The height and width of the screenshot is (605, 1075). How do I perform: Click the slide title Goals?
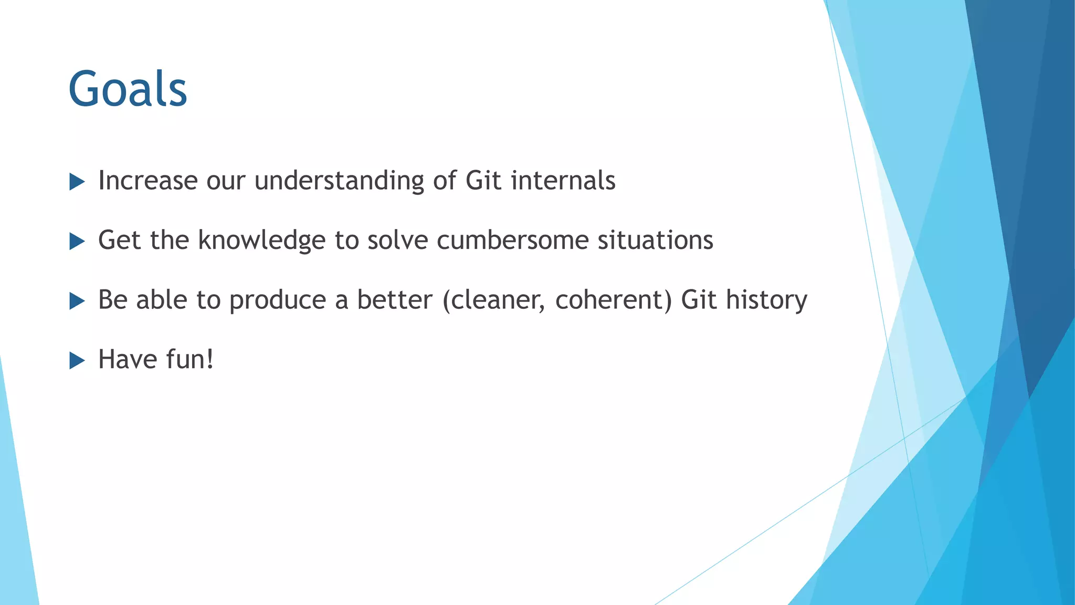128,89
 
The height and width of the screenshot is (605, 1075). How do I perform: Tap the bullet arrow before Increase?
77,182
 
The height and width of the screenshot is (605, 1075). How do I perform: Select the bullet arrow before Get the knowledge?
77,242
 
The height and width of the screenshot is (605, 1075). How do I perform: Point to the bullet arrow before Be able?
77,301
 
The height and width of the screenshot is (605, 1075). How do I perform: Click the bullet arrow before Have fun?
77,361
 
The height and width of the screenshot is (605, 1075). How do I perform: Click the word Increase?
147,181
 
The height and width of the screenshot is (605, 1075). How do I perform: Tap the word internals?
563,181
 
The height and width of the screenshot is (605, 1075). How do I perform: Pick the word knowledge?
262,241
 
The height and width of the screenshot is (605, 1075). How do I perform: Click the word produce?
278,301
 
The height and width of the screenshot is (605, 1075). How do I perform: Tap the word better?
395,300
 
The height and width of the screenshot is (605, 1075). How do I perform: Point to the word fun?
189,360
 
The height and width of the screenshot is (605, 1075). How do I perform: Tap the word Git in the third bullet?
699,300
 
